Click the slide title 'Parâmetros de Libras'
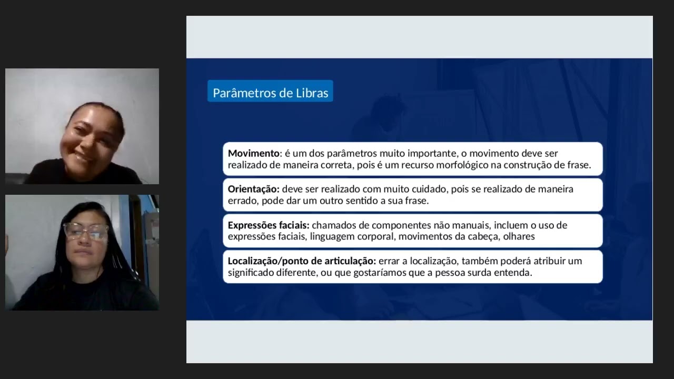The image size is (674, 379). click(270, 93)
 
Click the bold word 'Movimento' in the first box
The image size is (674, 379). click(254, 153)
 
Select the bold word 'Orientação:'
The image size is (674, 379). click(253, 189)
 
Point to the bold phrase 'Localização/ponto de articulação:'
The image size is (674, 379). click(302, 261)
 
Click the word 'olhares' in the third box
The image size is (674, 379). click(519, 236)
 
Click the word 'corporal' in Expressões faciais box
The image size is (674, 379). click(376, 236)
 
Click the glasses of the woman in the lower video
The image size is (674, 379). click(85, 231)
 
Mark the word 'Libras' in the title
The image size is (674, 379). click(312, 93)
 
